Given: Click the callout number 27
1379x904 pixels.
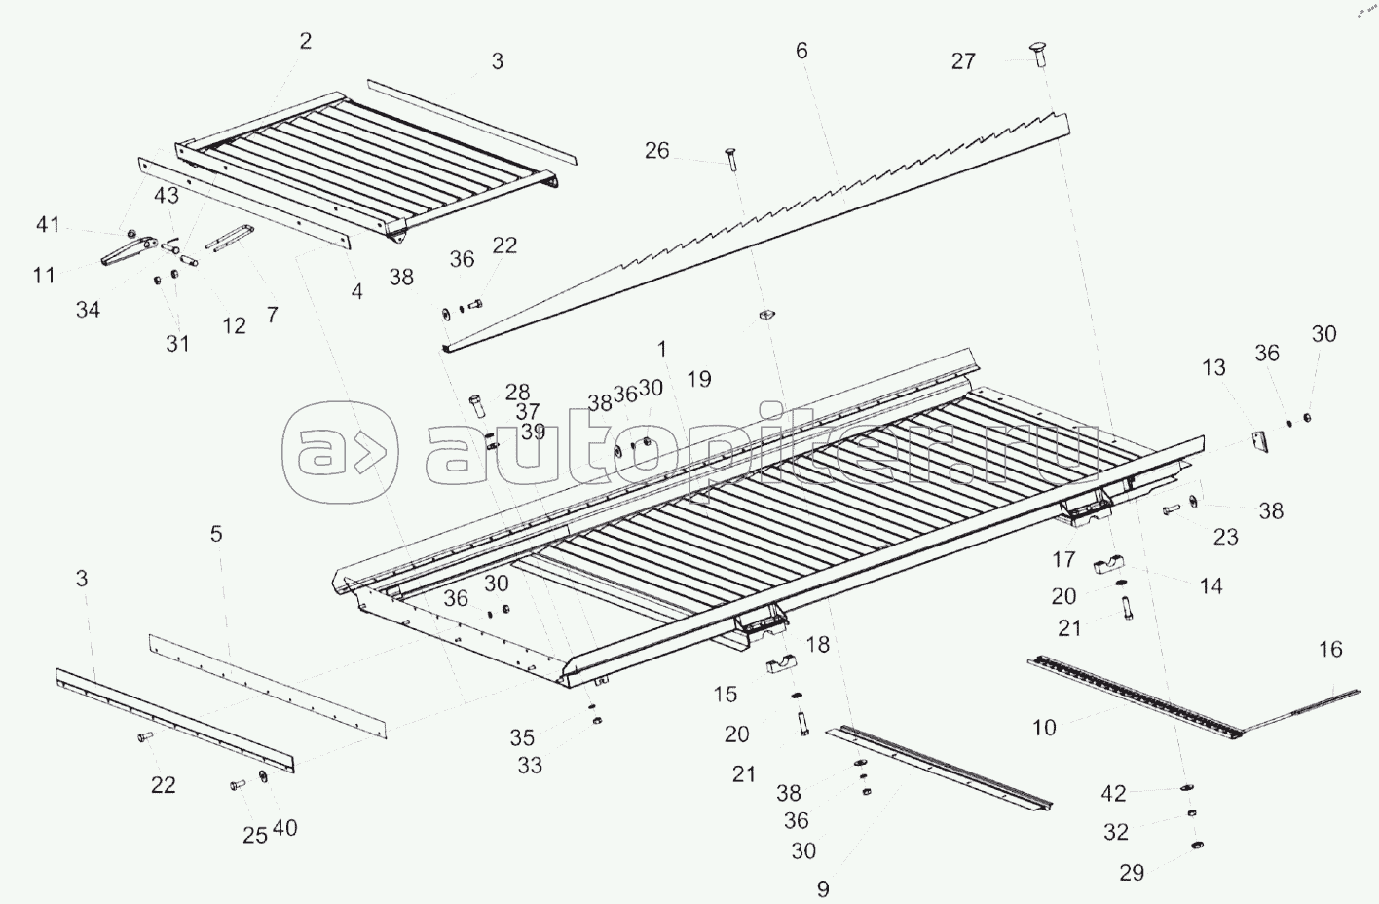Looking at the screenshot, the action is pyautogui.click(x=963, y=61).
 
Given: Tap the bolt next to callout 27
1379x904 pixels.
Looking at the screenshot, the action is pyautogui.click(x=1038, y=55).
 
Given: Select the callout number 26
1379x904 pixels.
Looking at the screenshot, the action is pyautogui.click(x=656, y=150).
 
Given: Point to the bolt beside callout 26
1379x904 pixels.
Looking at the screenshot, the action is pyautogui.click(x=731, y=160).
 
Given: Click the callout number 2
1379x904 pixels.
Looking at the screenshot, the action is pyautogui.click(x=306, y=41).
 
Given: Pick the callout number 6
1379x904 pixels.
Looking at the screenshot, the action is pyautogui.click(x=801, y=51).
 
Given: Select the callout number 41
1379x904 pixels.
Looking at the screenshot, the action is pyautogui.click(x=48, y=225).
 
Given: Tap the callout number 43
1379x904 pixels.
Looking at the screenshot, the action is pyautogui.click(x=167, y=195).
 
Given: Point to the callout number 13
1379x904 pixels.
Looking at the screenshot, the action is pyautogui.click(x=1213, y=367).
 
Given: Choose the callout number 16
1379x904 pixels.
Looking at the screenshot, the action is pyautogui.click(x=1330, y=649).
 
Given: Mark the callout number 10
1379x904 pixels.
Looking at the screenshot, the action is pyautogui.click(x=1044, y=728).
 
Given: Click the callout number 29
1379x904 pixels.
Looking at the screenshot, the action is pyautogui.click(x=1132, y=872).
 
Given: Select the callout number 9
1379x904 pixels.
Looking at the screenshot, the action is pyautogui.click(x=823, y=888).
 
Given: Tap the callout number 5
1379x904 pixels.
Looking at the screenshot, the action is pyautogui.click(x=215, y=533).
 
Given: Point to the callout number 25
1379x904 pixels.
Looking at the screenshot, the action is pyautogui.click(x=255, y=835).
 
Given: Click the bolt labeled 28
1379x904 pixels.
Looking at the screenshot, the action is pyautogui.click(x=478, y=406).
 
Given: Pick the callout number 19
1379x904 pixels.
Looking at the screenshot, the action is pyautogui.click(x=698, y=379).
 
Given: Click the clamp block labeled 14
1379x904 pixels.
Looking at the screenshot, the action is pyautogui.click(x=1108, y=565).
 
